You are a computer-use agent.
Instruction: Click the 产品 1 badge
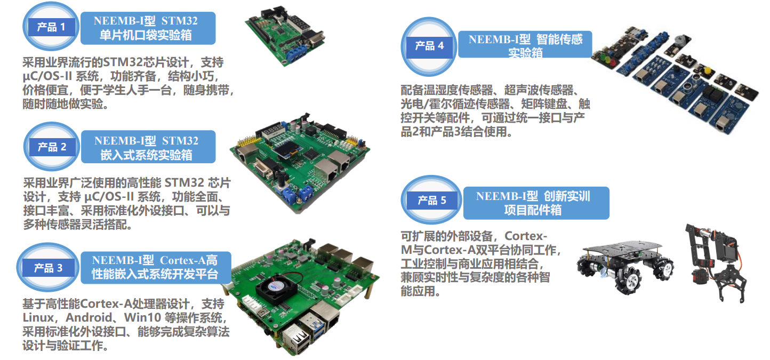(x=51, y=27)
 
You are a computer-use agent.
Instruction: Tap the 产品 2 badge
(x=52, y=147)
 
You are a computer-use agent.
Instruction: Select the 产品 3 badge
(x=48, y=268)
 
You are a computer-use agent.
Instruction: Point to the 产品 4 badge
(x=429, y=46)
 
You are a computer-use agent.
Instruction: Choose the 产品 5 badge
(x=431, y=200)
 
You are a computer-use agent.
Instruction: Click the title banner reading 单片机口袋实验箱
(x=148, y=28)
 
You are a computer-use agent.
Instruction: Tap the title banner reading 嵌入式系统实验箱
(x=148, y=147)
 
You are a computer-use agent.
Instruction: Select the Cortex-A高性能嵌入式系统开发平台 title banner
(x=156, y=268)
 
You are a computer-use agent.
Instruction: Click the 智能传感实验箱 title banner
(x=525, y=45)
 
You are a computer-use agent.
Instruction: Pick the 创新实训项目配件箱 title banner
(x=536, y=203)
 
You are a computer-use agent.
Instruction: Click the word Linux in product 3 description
(x=38, y=317)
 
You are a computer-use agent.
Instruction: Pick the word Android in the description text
(x=89, y=317)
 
